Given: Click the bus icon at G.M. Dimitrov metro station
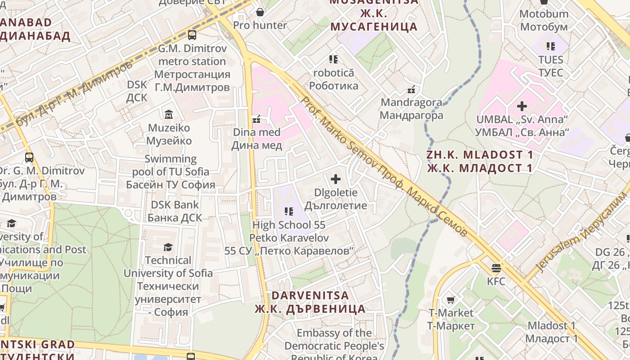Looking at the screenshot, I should pos(192,35).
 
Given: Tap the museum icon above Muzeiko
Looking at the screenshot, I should pos(169,114).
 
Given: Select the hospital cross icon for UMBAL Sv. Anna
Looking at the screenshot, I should pos(522,106).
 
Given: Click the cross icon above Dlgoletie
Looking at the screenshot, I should pos(336,180).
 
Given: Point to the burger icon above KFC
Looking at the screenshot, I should pos(496,268).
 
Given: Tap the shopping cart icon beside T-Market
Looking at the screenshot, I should pos(450,300).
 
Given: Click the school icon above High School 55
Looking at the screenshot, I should pos(289,211).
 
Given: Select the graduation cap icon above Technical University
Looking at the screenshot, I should pos(168,247).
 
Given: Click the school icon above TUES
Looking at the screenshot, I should pos(551,46).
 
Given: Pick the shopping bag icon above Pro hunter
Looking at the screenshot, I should pos(260,12).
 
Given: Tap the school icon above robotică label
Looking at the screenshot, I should pos(333,59).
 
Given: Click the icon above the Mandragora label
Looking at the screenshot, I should pos(411,90).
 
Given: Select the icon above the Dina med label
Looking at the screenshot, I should pos(256,119).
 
